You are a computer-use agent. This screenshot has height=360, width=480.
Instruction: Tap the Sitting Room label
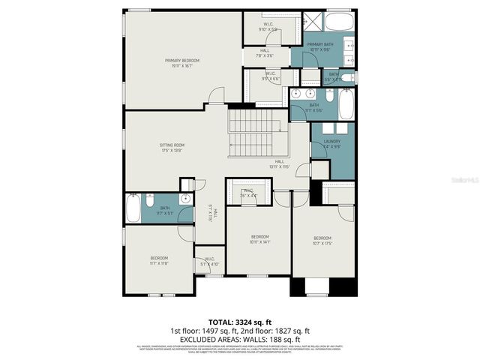[x=172, y=147]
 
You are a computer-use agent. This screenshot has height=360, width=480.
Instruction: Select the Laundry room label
[x=332, y=145]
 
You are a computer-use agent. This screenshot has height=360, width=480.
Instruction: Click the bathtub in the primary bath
[x=342, y=22]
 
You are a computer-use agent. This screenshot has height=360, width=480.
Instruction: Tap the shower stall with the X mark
[x=313, y=22]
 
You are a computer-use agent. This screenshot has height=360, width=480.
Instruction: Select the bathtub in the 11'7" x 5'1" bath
[x=133, y=208]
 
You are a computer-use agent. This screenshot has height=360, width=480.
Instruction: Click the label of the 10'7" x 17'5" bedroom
[x=322, y=241]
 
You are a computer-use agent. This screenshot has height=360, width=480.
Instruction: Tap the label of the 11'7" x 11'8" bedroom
[x=158, y=260]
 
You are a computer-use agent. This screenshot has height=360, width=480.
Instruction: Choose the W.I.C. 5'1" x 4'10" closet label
[x=209, y=262]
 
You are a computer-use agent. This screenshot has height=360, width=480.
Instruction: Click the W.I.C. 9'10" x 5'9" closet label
[x=268, y=27]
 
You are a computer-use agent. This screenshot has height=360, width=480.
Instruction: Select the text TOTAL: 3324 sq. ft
[x=238, y=320]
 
